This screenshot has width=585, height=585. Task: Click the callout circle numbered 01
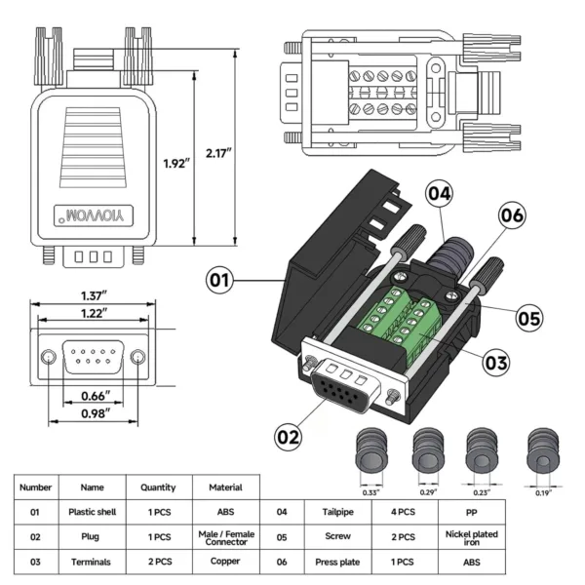(x=221, y=281)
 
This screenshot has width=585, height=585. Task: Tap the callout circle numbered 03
(x=496, y=362)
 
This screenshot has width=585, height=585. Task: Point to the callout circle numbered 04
(x=440, y=194)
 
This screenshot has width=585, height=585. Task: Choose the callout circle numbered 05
(x=528, y=318)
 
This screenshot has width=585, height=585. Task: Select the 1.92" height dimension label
(x=175, y=163)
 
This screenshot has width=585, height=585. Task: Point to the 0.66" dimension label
(x=94, y=395)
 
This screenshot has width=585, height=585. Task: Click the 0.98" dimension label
(x=94, y=413)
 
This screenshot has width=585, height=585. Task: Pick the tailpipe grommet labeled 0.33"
(x=371, y=452)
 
